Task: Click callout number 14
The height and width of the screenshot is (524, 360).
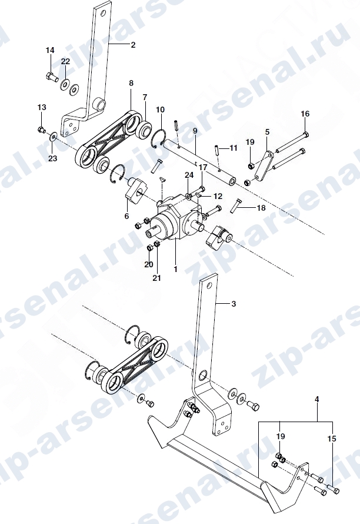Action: point(50,50)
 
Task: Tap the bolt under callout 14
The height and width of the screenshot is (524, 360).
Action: point(51,77)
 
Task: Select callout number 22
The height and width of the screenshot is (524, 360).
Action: point(65,61)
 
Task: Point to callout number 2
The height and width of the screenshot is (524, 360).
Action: point(134,45)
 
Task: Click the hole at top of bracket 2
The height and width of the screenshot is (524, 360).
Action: point(104,14)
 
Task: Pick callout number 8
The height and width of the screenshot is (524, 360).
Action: point(131,83)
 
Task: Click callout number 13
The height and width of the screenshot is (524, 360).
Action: point(42,107)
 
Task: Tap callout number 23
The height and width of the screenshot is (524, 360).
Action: point(53,158)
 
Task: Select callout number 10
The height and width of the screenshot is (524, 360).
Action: point(161,110)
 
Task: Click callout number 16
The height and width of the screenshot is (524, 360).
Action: point(305,114)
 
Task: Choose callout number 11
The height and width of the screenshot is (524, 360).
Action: point(234,147)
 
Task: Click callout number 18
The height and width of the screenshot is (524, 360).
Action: point(261,208)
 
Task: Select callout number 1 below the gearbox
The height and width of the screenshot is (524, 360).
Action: point(176,268)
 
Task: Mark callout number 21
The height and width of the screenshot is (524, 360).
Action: point(156,277)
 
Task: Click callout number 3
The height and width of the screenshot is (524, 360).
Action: point(234,304)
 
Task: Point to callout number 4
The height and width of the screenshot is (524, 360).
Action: point(317,399)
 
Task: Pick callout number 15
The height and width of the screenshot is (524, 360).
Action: point(332,439)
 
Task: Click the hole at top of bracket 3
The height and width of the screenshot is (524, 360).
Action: point(210,286)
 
